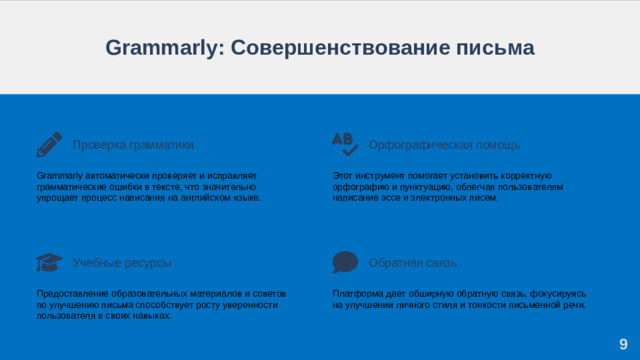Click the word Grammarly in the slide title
point(157,48)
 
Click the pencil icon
point(49,144)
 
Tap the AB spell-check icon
point(344,143)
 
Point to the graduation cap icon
point(49,262)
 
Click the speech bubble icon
point(345,262)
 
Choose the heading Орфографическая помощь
point(430,145)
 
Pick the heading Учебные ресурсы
point(121,262)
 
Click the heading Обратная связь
point(412,262)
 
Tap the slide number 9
point(623,344)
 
